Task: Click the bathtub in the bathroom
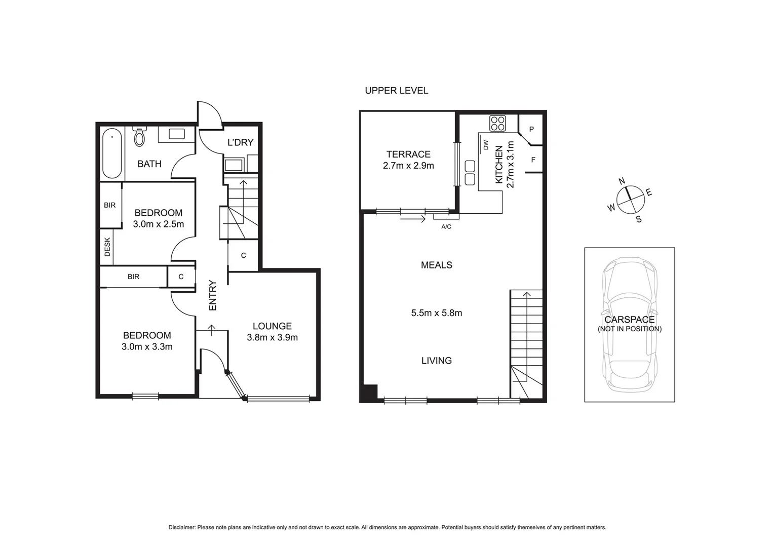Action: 112,154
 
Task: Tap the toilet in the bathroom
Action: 139,136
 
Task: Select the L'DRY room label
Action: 240,142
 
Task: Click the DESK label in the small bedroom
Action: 107,247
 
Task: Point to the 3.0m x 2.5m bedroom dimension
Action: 158,224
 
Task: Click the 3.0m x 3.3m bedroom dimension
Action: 147,347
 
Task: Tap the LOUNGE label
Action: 272,326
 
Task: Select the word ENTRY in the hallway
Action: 213,295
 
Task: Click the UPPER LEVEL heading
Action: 396,91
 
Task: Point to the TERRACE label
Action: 408,154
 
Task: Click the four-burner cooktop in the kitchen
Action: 497,123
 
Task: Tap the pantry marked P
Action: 531,129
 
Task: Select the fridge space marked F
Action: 533,160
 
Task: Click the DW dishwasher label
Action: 486,145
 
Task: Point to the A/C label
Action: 446,227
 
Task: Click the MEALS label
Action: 436,265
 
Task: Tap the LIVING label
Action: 436,361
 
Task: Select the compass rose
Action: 630,199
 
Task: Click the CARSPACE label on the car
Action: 629,320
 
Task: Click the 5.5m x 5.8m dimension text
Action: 436,313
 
